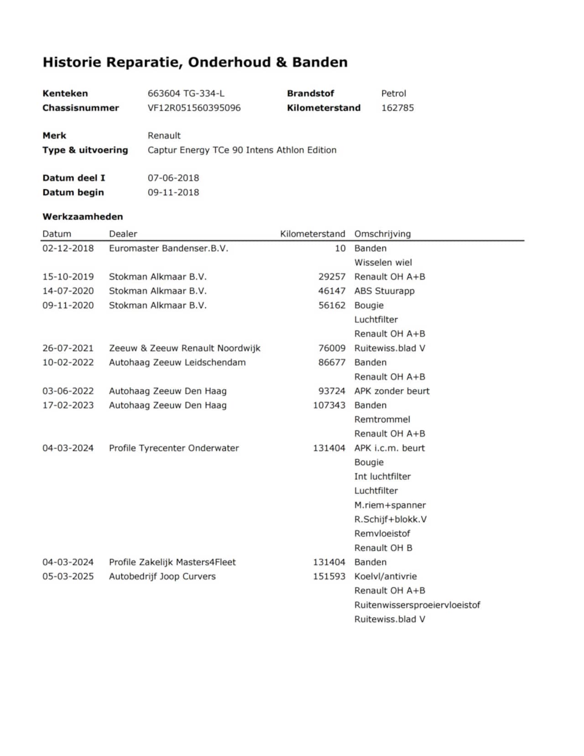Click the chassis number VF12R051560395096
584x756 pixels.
pos(194,108)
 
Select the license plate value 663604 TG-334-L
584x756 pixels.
pos(186,94)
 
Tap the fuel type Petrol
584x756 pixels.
pos(393,94)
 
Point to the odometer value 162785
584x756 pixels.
pos(397,108)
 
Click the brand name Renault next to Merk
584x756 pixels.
pos(164,136)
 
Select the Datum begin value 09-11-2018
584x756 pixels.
pos(173,193)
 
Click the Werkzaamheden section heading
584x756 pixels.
pos(83,217)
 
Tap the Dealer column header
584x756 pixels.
pos(123,234)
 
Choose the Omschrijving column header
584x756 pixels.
pos(382,234)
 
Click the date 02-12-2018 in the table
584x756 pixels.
pos(68,249)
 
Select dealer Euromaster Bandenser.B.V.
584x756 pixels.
pos(168,249)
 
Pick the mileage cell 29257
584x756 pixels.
pos(332,277)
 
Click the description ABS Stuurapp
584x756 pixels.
pos(384,291)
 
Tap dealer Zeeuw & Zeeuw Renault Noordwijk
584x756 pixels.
pos(184,348)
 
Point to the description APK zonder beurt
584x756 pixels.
pos(391,391)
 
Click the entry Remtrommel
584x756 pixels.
pos(382,420)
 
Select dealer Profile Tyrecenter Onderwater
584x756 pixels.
pos(173,448)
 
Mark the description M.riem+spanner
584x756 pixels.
pos(390,505)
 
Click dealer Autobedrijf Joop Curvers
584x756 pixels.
pos(162,576)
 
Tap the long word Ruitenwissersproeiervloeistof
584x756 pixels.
pos(417,605)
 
